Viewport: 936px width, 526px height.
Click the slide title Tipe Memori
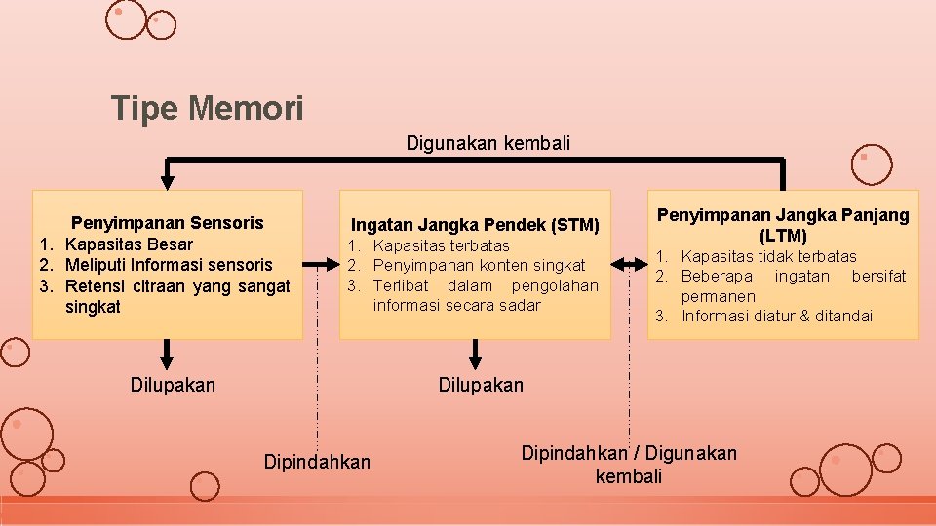(x=208, y=108)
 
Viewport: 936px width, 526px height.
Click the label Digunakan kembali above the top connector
(x=487, y=143)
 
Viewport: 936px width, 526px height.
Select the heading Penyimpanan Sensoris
(x=168, y=222)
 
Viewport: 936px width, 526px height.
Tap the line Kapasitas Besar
(x=129, y=244)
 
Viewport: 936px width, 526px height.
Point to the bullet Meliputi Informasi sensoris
(x=169, y=264)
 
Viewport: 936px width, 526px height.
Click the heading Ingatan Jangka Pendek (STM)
(x=475, y=225)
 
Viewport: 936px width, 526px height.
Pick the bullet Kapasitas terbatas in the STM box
(x=441, y=245)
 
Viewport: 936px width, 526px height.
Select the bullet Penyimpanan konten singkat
(x=479, y=265)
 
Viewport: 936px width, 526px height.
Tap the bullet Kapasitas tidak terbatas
(x=768, y=256)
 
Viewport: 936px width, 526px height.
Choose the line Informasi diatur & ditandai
(x=777, y=316)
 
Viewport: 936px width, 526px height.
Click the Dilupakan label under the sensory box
(x=173, y=385)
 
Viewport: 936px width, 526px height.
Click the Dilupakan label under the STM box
(x=481, y=385)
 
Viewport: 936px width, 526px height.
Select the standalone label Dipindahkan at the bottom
(x=317, y=461)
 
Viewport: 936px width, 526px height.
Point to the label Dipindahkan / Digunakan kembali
(x=629, y=464)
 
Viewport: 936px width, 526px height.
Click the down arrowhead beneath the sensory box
(x=168, y=360)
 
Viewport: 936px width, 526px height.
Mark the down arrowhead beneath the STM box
(x=475, y=360)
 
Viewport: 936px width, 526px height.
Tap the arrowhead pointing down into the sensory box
(x=168, y=181)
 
